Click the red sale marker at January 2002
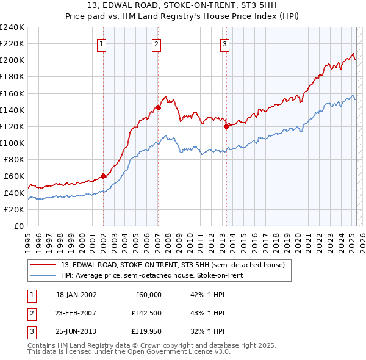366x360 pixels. (103, 176)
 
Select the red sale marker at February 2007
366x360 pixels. (158, 107)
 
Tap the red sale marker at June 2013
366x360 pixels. (226, 126)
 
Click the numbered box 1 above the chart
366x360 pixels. (101, 43)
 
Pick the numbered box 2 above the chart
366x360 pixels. (157, 43)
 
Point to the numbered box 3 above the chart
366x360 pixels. (224, 43)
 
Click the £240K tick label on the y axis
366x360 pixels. (12, 27)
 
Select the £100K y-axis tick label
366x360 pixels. (12, 143)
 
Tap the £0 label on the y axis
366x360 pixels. (19, 226)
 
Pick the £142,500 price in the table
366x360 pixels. (146, 313)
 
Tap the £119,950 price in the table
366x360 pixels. (146, 332)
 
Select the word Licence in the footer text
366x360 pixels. (196, 352)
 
